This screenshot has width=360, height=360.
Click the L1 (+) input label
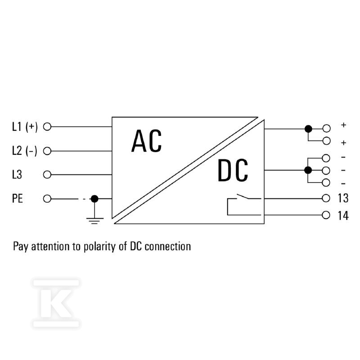click(x=25, y=127)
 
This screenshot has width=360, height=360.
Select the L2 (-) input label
click(x=25, y=151)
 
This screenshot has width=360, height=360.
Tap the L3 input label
click(x=17, y=174)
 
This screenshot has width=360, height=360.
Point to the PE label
click(x=18, y=198)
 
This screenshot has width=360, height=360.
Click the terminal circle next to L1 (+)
click(x=47, y=126)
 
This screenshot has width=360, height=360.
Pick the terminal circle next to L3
click(x=47, y=175)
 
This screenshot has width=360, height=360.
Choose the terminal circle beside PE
click(x=47, y=198)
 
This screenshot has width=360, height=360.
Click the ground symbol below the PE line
click(x=95, y=220)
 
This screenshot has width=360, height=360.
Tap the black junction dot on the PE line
click(x=94, y=198)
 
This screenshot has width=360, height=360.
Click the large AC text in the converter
click(x=147, y=141)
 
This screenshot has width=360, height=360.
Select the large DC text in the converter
click(x=233, y=170)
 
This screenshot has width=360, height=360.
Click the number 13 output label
click(x=343, y=198)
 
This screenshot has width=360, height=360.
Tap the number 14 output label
click(x=343, y=216)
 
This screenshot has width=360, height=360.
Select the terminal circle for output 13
click(x=326, y=198)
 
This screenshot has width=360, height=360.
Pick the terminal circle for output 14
click(x=326, y=215)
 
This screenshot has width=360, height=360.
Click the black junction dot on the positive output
click(x=308, y=129)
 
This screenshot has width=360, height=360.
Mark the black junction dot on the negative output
click(x=308, y=170)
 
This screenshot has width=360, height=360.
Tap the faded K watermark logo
click(x=56, y=303)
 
